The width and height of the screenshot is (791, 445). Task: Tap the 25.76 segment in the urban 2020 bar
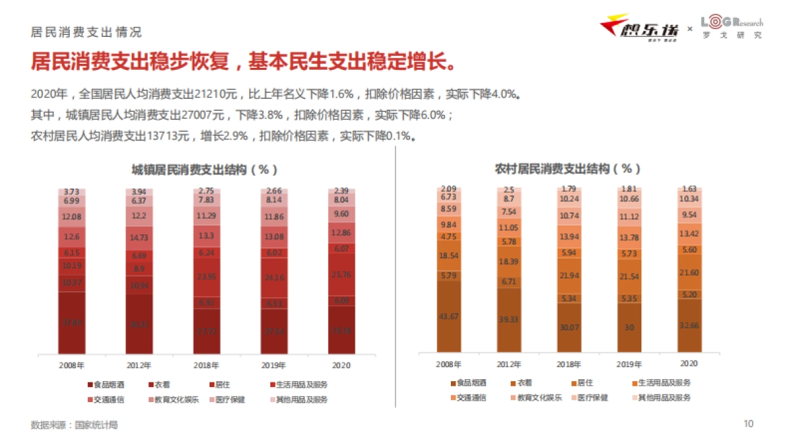point(341,274)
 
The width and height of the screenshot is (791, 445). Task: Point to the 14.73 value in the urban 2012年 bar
point(139,238)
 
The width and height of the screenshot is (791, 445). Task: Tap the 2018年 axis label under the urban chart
point(207,364)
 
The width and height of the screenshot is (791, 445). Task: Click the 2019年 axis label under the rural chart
point(630,363)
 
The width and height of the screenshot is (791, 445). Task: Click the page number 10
point(748,424)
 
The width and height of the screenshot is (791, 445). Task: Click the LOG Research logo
point(731,26)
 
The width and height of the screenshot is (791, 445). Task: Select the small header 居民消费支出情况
point(86,32)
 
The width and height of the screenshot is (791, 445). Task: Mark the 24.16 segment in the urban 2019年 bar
point(274,278)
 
